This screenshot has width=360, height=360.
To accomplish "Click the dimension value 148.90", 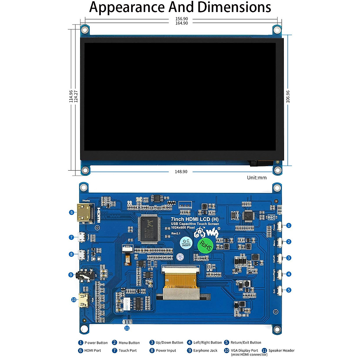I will (181, 172).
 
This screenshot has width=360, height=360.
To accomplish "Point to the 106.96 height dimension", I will (288, 97).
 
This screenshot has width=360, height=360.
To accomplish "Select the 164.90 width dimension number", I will (181, 23).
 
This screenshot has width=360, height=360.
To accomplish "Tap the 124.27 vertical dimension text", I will (76, 97).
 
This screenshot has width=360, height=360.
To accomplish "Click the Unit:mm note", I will (256, 178).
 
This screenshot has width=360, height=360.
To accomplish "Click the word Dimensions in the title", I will (234, 7).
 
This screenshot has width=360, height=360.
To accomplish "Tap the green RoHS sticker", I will (205, 245).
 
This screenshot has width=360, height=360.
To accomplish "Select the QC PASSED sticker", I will (186, 243).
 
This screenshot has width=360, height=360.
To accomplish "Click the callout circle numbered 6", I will (71, 212).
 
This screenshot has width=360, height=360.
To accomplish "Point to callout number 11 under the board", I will (127, 328).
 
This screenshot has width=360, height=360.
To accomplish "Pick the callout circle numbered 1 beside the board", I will (289, 225).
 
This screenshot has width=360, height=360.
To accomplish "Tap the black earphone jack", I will (84, 275).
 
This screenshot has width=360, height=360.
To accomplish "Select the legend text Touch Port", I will (127, 350).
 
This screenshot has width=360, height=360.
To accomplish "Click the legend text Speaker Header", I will (281, 350).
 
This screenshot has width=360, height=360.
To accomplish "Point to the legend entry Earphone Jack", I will (205, 350).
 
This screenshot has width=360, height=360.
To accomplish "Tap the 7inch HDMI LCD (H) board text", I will (195, 219).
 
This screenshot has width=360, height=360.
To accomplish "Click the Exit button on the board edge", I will (279, 290).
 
